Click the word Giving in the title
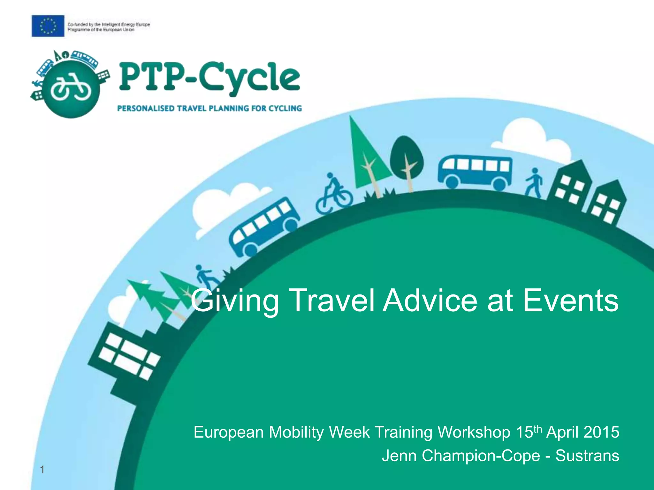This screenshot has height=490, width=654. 235,301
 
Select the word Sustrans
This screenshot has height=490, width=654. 587,456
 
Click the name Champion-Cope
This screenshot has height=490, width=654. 481,456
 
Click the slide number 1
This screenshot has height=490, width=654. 42,470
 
